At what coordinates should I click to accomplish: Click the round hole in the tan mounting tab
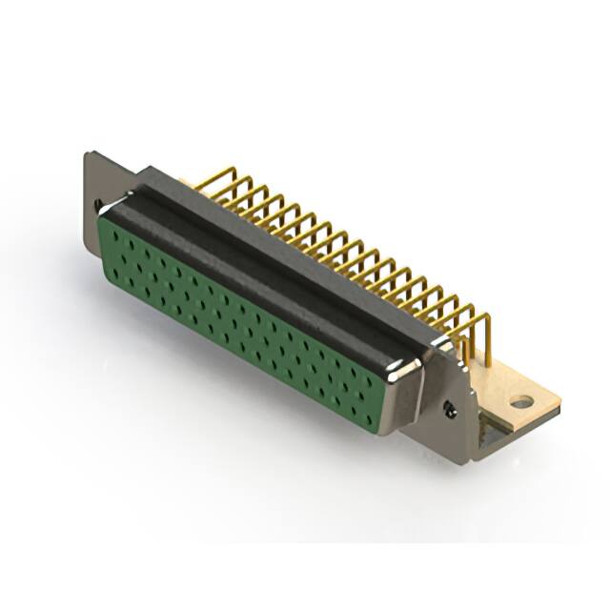coord(521,402)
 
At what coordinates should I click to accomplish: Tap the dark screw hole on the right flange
coord(450,410)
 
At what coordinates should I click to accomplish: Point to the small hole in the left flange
coord(98,203)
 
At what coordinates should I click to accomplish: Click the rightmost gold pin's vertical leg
coord(488,347)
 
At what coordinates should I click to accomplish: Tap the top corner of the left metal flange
coord(88,154)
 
